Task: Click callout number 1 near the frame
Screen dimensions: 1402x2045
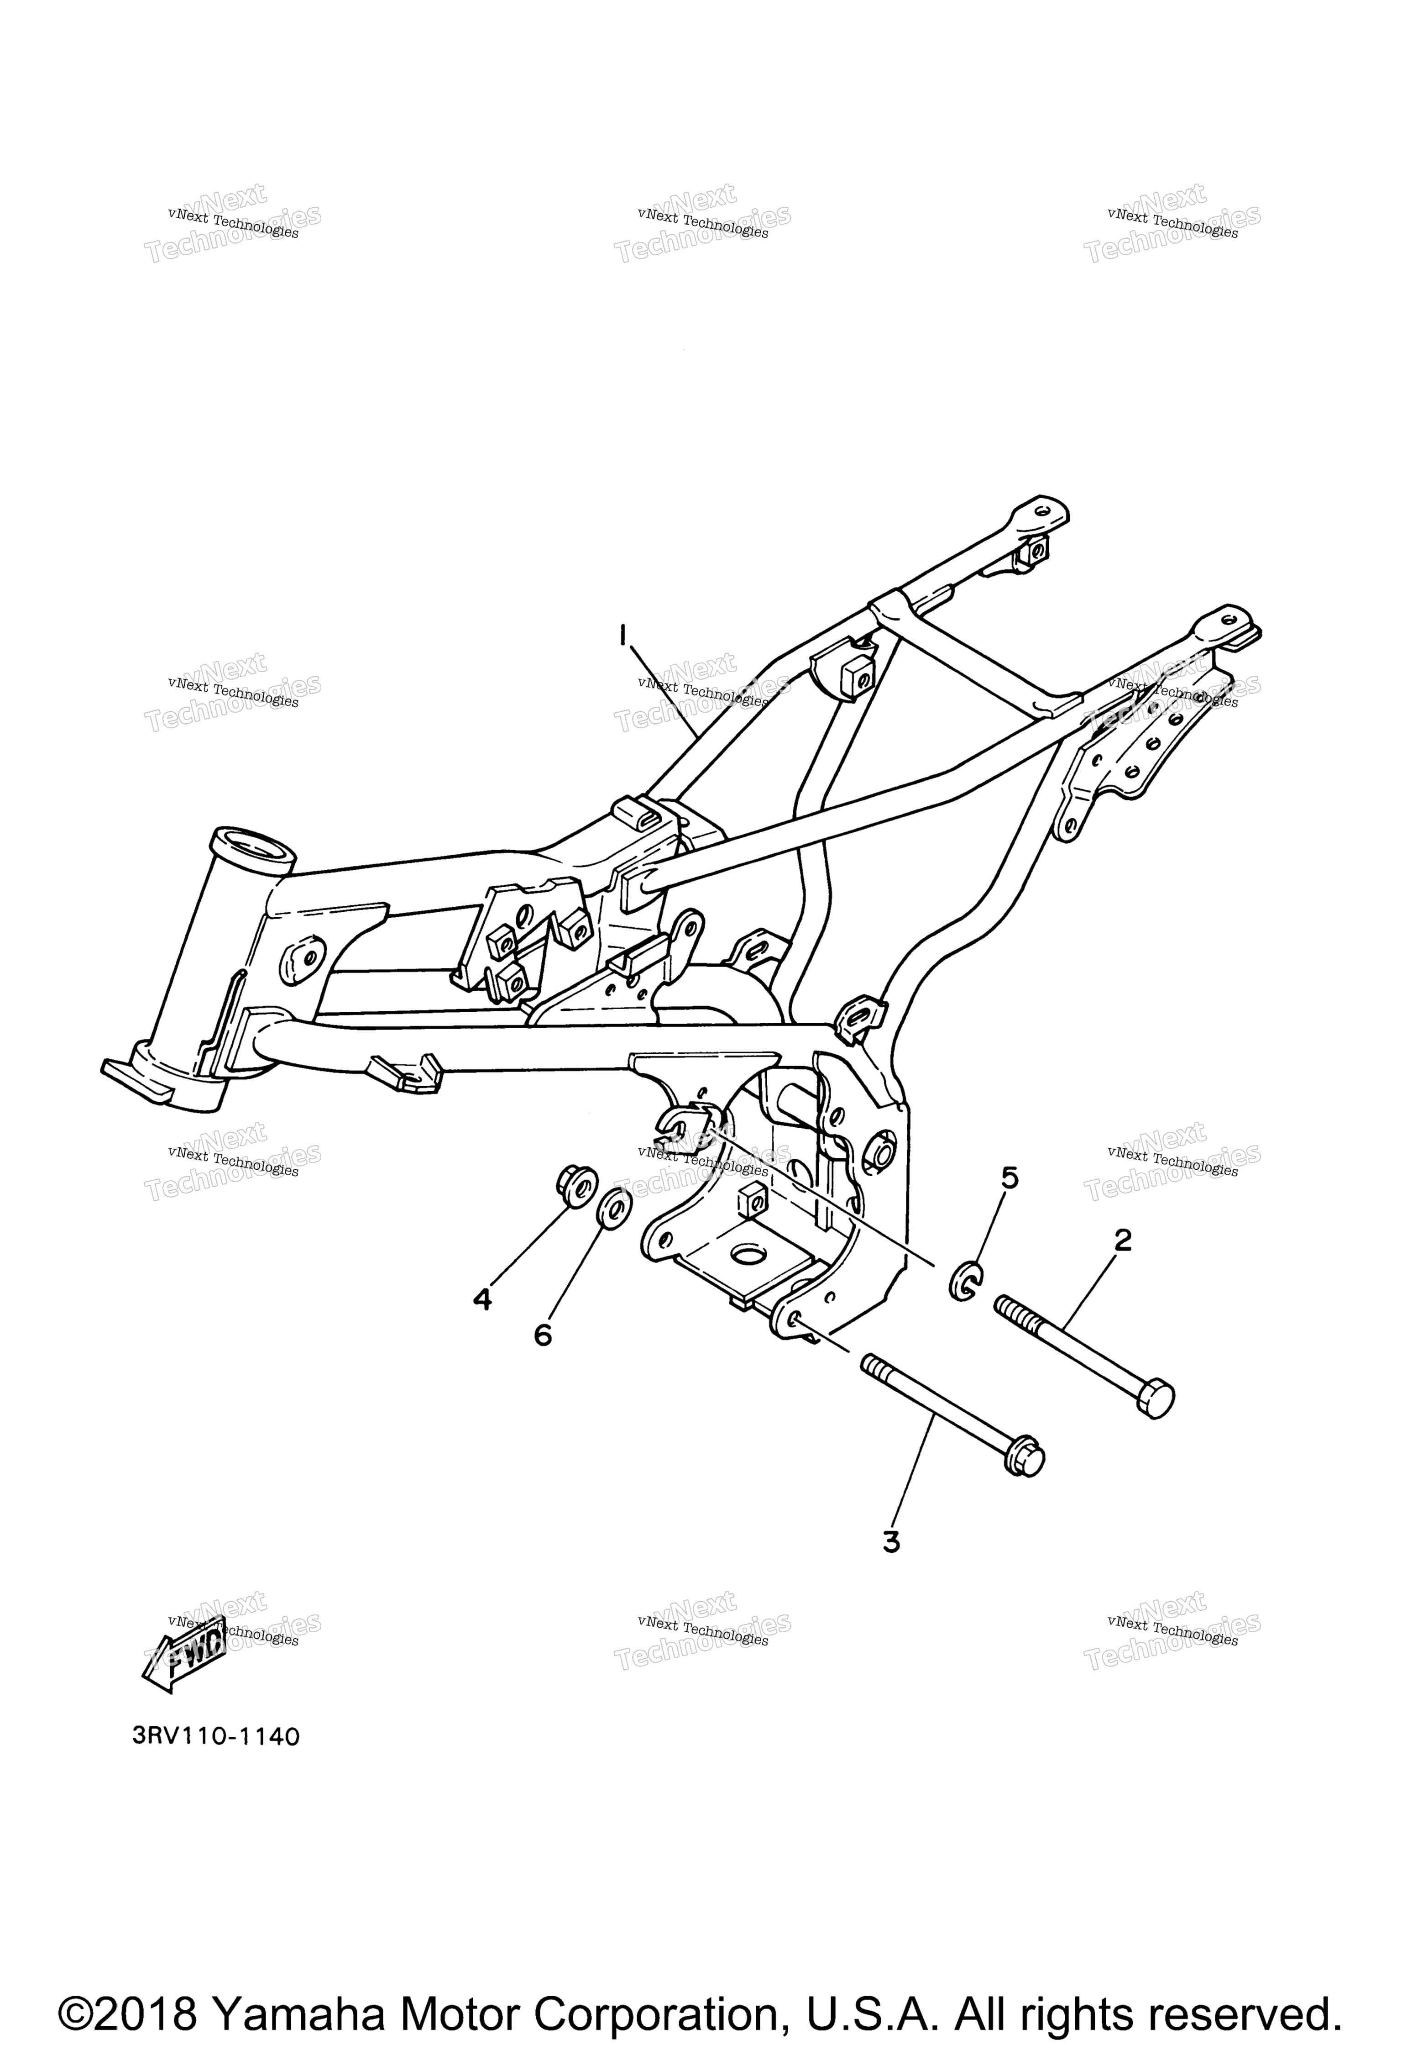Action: coord(623,635)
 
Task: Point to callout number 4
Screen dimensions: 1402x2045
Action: coord(482,1300)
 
